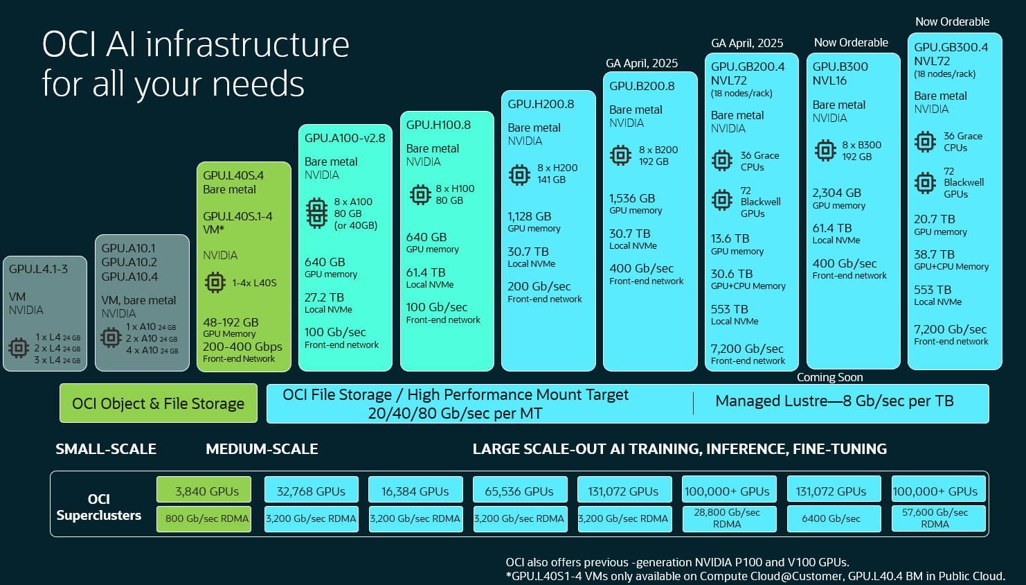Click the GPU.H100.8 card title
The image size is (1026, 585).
(x=438, y=125)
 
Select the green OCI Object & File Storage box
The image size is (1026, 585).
(x=159, y=403)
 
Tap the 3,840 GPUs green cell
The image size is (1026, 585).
(x=206, y=491)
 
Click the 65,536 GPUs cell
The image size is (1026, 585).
(x=519, y=491)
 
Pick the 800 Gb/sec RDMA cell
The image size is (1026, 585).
(x=206, y=518)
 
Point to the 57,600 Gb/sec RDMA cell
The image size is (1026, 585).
(x=935, y=518)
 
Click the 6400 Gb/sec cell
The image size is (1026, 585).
(x=831, y=518)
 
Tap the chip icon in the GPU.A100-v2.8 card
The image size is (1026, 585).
(x=317, y=213)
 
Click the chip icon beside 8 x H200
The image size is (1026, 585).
(x=519, y=175)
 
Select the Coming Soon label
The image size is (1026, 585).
(x=829, y=377)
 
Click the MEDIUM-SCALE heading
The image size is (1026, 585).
(x=262, y=449)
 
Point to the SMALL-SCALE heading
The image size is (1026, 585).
(x=106, y=449)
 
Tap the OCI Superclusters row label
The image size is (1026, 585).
(x=99, y=507)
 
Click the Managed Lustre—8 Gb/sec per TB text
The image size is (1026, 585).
(x=834, y=401)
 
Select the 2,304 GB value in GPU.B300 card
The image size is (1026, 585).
(x=836, y=193)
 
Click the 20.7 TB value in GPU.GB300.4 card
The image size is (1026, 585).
(x=934, y=219)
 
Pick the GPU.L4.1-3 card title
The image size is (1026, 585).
(x=39, y=269)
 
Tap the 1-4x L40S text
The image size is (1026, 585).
(x=254, y=283)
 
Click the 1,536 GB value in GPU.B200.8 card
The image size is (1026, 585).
(x=632, y=198)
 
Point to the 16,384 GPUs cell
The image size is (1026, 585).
(x=415, y=491)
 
